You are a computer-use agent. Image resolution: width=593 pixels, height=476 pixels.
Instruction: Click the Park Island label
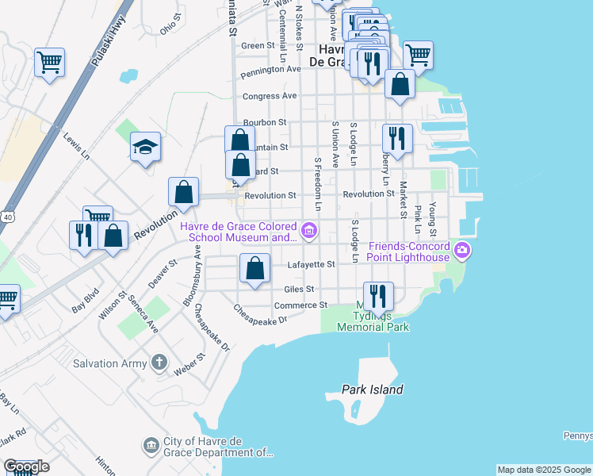pos(373,390)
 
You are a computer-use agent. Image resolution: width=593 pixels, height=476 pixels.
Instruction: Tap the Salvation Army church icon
pos(159,363)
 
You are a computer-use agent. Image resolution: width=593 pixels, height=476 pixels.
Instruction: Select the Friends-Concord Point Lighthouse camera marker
pos(463,252)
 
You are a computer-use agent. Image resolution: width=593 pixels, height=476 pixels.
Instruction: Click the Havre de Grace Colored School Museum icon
pos(308,232)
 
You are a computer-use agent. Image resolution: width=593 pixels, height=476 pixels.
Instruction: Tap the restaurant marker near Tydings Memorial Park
pos(378,296)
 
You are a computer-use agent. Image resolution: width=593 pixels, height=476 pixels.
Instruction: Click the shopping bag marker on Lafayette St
pos(254,268)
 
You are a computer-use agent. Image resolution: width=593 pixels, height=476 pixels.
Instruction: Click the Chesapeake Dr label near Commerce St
pos(258,314)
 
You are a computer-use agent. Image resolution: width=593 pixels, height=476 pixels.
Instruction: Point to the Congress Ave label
pos(270,96)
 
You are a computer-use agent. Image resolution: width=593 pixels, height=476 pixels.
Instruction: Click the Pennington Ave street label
pos(272,70)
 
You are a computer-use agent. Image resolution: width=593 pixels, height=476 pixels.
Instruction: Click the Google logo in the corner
pos(25,466)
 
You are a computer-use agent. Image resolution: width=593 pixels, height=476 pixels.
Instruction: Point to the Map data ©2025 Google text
pos(543,470)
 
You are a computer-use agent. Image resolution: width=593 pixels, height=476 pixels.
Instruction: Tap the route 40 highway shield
pos(7,216)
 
